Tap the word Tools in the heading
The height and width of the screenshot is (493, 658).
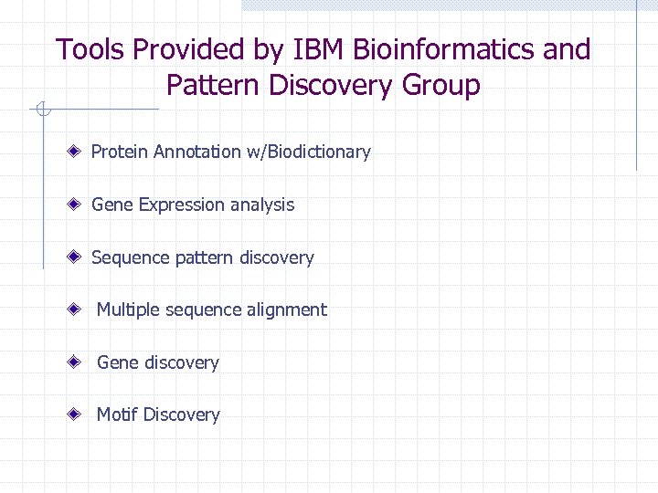(x=90, y=49)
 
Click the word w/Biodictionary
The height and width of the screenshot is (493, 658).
(x=308, y=152)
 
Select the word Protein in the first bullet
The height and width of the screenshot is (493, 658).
(x=120, y=152)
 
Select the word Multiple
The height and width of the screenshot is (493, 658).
(x=129, y=310)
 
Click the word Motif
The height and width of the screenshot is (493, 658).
(x=117, y=415)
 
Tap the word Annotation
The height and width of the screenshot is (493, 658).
(x=197, y=152)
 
